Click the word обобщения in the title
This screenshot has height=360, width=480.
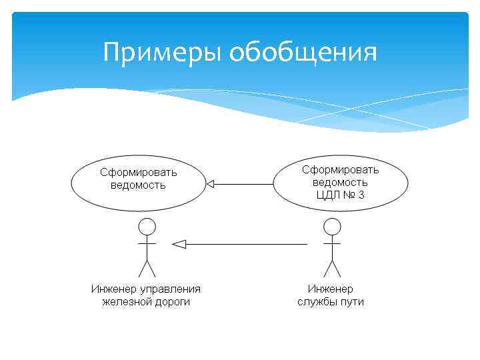pos(303,52)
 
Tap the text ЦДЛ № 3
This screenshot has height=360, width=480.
pos(340,195)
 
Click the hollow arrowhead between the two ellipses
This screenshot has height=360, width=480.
pos(210,183)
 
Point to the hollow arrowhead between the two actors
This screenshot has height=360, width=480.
pos(178,244)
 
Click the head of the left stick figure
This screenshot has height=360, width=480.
pos(147,227)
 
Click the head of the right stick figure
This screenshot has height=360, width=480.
pos(331,227)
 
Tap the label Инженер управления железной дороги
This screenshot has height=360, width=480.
pos(146,295)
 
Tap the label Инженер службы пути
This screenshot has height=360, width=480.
pos(331,295)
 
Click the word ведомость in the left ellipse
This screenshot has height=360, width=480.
pos(138,185)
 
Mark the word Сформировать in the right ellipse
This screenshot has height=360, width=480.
pos(340,170)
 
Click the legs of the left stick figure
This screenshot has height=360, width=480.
pos(147,269)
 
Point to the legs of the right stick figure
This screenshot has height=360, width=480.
pos(331,269)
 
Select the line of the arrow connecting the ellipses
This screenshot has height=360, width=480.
pos(243,183)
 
